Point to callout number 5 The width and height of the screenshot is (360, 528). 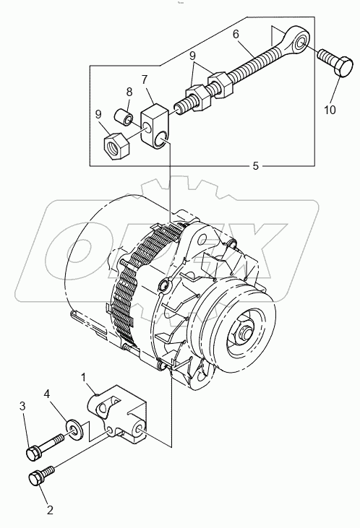pyautogui.click(x=255, y=165)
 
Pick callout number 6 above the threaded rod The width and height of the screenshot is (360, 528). pyautogui.click(x=236, y=34)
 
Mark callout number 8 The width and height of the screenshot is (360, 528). pyautogui.click(x=129, y=92)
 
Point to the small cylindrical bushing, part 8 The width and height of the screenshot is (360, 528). pyautogui.click(x=124, y=116)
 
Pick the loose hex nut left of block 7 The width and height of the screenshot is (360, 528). pyautogui.click(x=116, y=144)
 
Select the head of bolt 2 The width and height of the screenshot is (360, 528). pyautogui.click(x=35, y=477)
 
